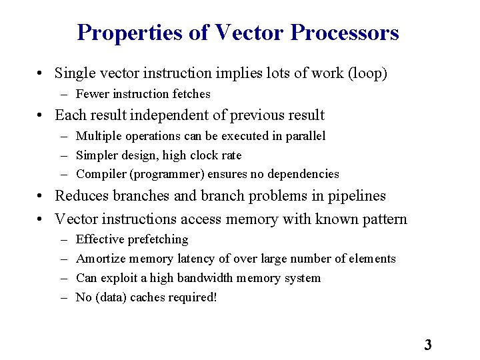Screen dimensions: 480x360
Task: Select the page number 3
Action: [428, 345]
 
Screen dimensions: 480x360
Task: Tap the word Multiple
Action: [99, 136]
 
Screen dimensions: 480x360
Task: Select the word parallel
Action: [304, 136]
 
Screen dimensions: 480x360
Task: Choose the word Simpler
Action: [97, 155]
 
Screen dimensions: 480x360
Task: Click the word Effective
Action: [101, 239]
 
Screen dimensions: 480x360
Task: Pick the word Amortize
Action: [102, 259]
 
